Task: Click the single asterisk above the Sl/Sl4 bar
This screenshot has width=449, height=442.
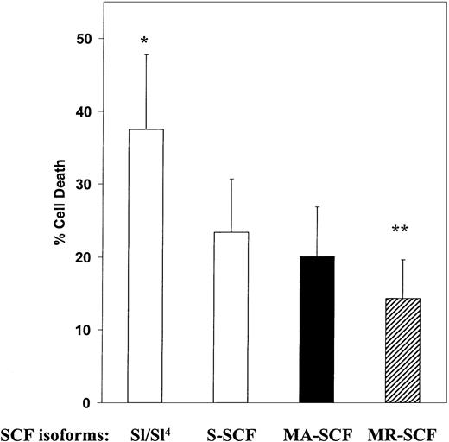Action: (x=145, y=41)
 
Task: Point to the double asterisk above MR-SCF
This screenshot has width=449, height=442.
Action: (x=401, y=231)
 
